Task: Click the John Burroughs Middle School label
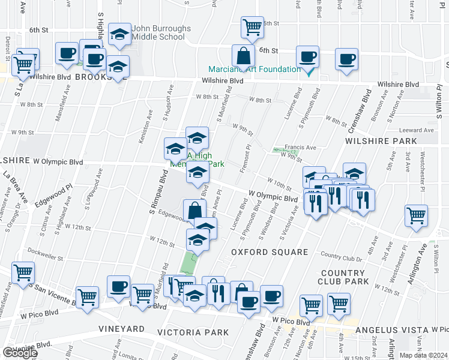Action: [161, 32]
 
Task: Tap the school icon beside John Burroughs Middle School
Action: [120, 35]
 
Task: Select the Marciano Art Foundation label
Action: [255, 69]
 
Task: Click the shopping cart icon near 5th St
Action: [252, 26]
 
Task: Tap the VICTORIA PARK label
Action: [193, 332]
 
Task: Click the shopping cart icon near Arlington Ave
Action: [416, 215]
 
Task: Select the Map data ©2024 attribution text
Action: [424, 355]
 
